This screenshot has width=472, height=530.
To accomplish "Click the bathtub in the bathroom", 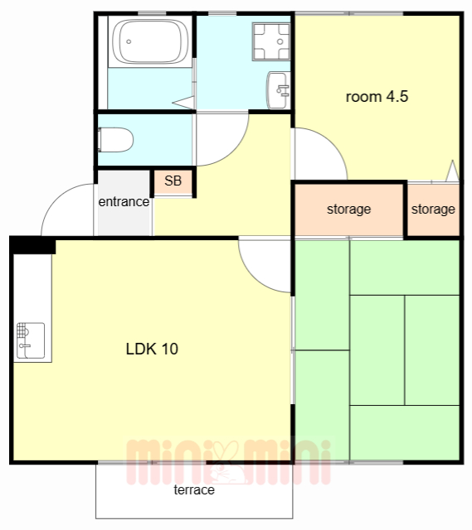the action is (150, 41).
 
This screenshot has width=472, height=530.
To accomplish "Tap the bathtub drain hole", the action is (129, 41).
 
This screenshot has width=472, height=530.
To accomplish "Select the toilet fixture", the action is (115, 140).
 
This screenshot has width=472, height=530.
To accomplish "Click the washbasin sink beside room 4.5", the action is (279, 90).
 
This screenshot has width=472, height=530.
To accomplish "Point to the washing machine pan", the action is (271, 41).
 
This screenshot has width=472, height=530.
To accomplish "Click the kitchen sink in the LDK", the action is (31, 340).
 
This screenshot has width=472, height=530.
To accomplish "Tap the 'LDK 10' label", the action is (152, 349).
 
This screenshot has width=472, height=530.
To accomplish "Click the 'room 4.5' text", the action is (377, 97).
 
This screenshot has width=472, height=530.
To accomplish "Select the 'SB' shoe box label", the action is (173, 181).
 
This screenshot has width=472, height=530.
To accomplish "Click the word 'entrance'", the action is (124, 202).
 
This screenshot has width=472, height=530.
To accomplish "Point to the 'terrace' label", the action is (194, 489).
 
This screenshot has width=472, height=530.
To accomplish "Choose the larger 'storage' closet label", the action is (348, 210).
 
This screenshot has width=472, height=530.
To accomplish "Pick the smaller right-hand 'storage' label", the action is (433, 210).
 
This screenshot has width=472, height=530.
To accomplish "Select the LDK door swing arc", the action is (254, 277).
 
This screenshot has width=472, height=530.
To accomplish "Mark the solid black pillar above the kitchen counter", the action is (33, 245).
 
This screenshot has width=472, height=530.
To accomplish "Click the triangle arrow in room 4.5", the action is (452, 171).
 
